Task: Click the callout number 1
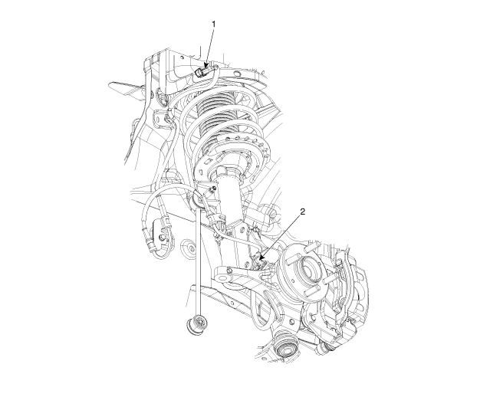point(213,25)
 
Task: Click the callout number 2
point(302,212)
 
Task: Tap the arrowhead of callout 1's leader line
point(206,65)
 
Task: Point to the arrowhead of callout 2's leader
point(262,257)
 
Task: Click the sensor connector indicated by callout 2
point(258,262)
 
